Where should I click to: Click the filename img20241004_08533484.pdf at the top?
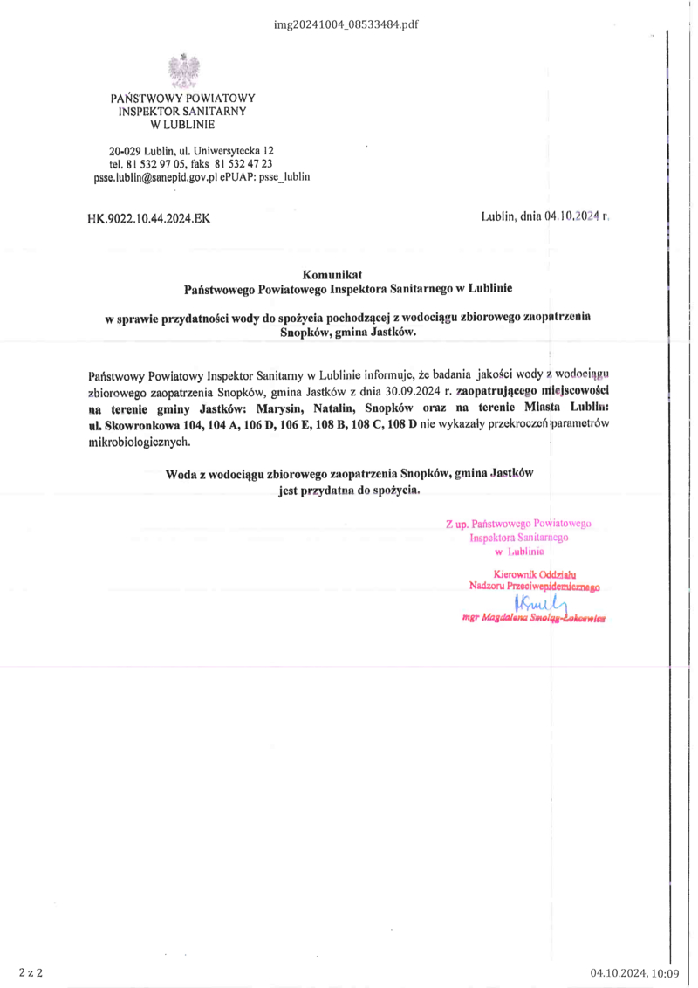(x=346, y=24)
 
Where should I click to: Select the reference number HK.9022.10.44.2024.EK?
(x=148, y=219)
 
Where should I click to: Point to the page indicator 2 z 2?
(x=30, y=972)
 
